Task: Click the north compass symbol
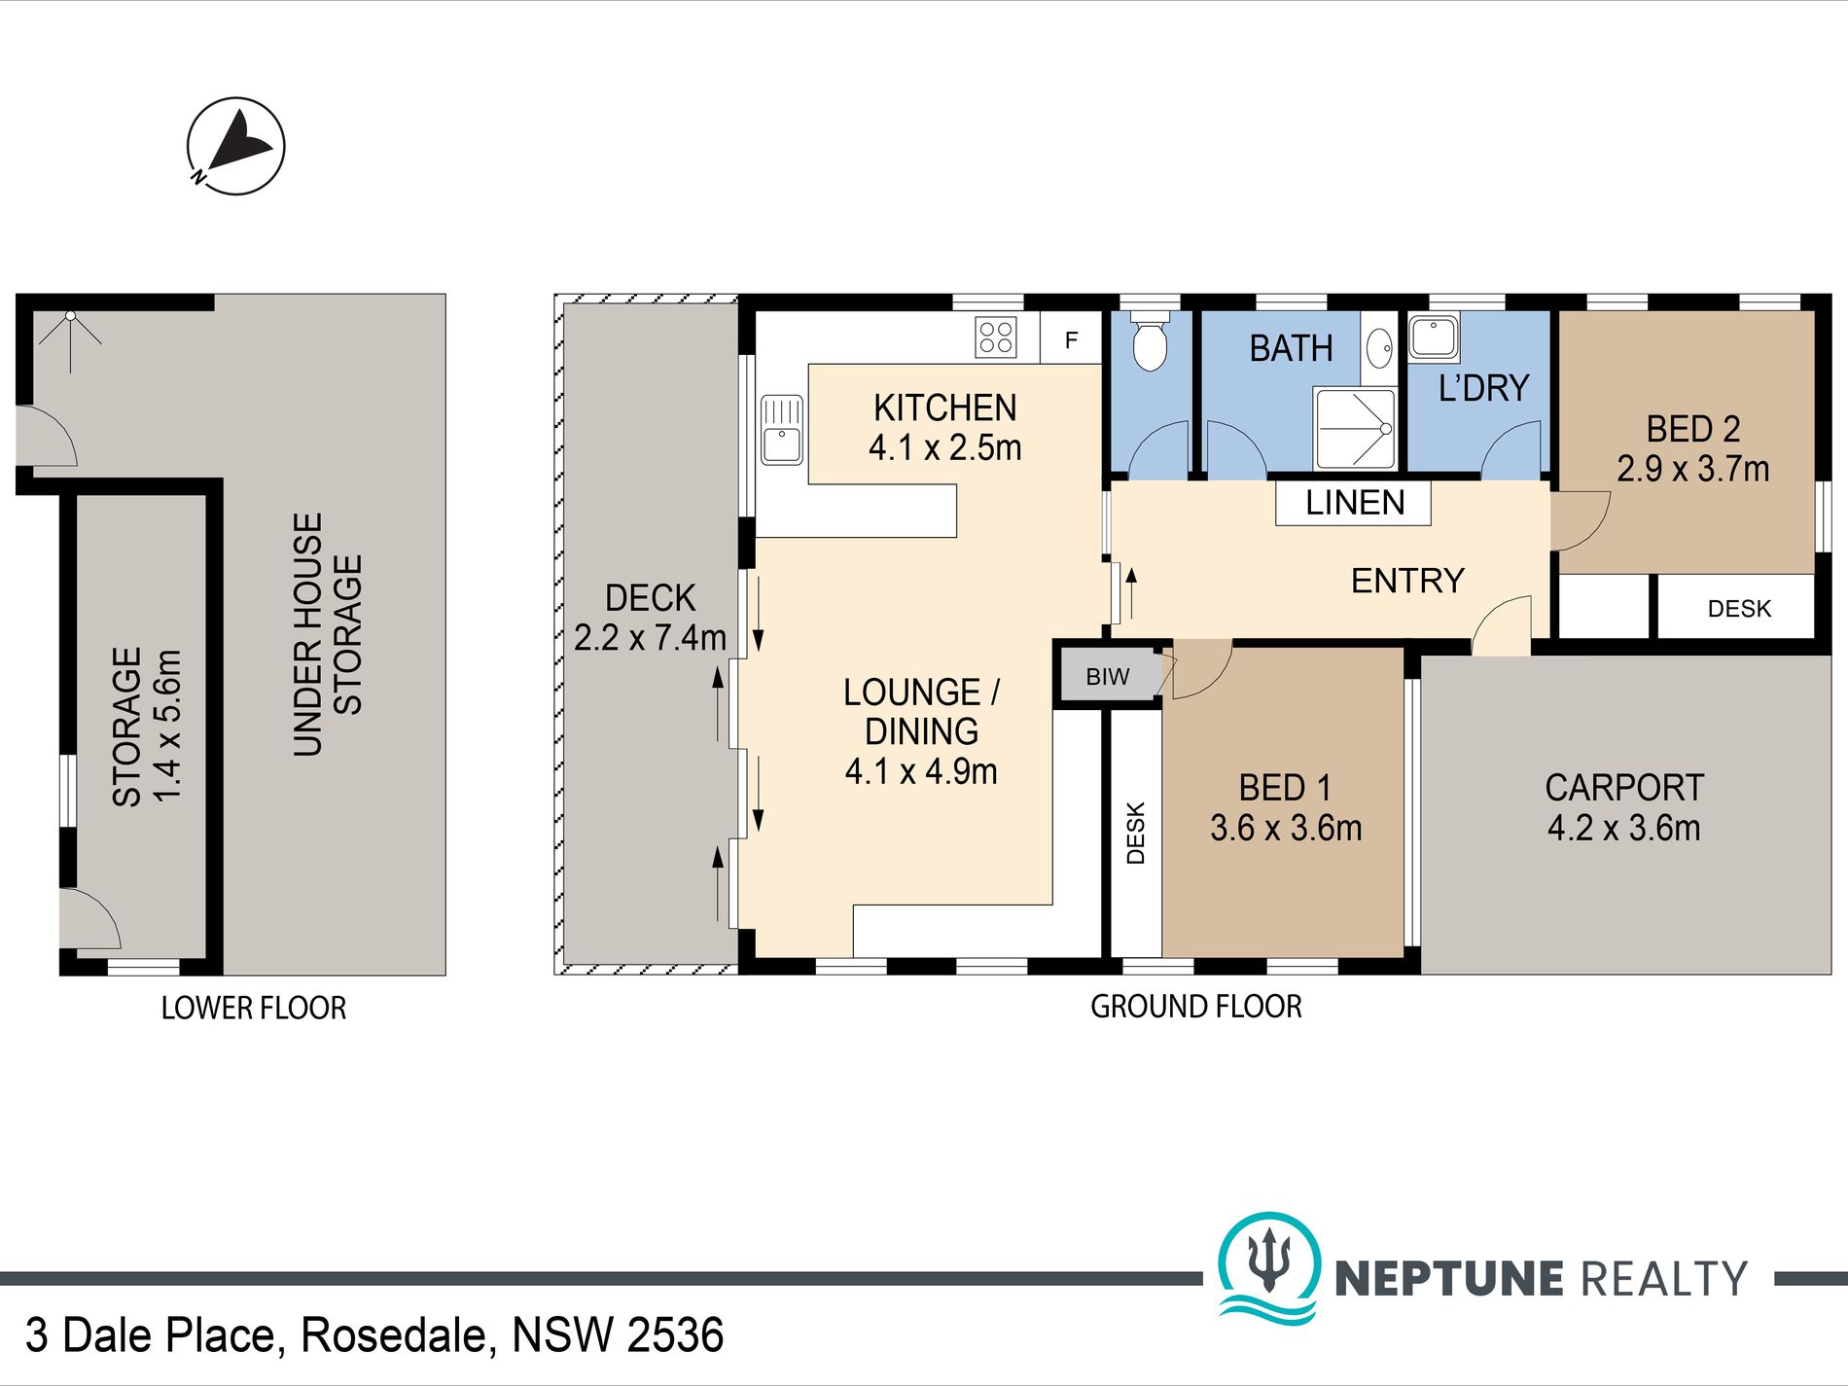tap(235, 146)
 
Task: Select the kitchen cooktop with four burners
tap(996, 338)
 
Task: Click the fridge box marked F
tap(1071, 338)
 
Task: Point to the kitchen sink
tap(781, 430)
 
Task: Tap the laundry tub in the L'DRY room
tap(1434, 338)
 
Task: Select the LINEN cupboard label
tap(1355, 503)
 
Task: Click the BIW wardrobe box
tap(1109, 676)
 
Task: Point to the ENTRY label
tap(1407, 581)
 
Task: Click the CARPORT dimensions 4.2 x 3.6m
tap(1623, 828)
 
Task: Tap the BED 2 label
tap(1693, 429)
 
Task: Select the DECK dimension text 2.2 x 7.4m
tap(650, 638)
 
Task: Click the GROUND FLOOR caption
tap(1195, 1007)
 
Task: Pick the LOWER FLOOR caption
tap(254, 1008)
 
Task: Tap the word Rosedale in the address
tap(393, 1334)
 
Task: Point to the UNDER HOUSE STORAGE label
tap(328, 634)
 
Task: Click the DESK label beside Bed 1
tap(1135, 834)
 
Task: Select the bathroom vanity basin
tap(1379, 346)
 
